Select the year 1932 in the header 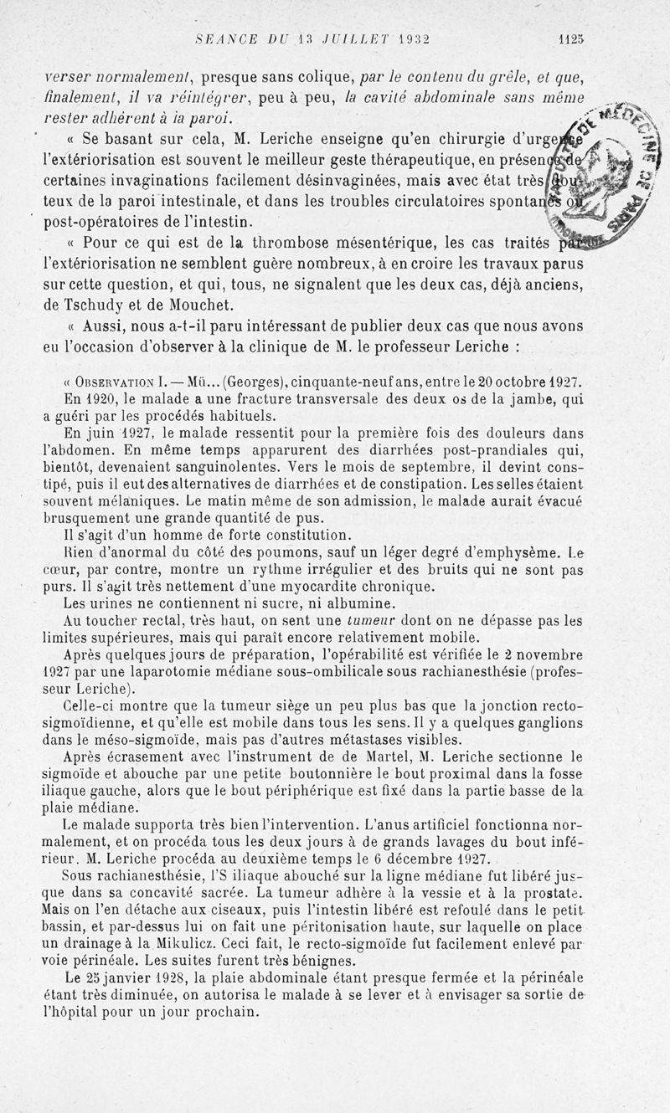click(415, 38)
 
